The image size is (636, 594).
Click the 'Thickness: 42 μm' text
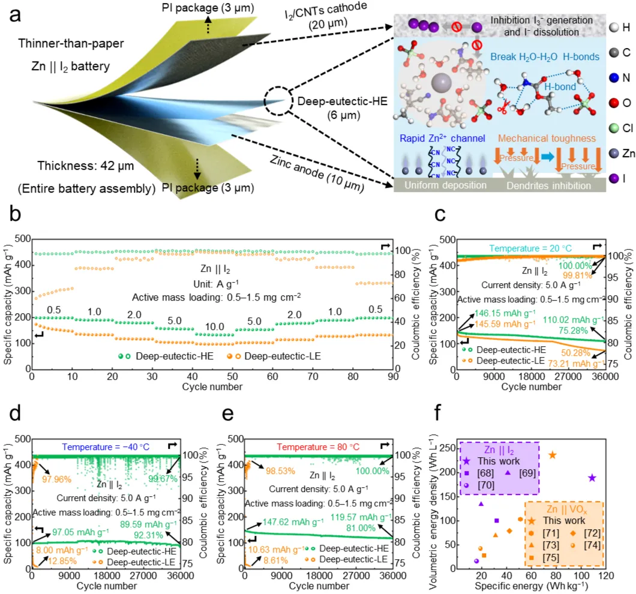point(78,166)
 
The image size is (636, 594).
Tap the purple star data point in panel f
point(592,478)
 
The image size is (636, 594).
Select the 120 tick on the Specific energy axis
point(604,575)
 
